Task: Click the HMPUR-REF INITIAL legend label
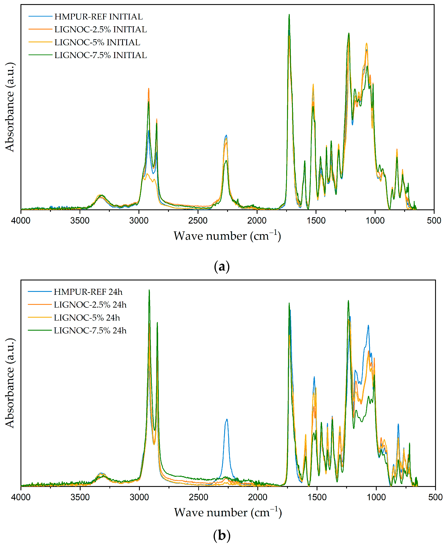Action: tap(98, 17)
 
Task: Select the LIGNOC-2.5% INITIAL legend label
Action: tap(100, 30)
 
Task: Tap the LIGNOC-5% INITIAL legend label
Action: tap(97, 42)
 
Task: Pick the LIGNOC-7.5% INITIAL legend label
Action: tap(100, 55)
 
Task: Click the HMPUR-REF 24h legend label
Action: tap(88, 292)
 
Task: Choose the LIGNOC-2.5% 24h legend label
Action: tap(90, 305)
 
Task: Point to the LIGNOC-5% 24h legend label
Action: tap(87, 318)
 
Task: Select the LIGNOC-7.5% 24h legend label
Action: tap(90, 330)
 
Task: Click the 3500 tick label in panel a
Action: tap(80, 220)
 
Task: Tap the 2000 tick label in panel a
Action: tap(257, 220)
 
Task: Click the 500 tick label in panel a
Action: tap(434, 220)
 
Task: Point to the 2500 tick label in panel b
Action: tap(198, 497)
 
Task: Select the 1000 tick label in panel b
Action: tap(376, 497)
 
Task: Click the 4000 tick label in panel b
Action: tap(21, 497)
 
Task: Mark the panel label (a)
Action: tap(222, 267)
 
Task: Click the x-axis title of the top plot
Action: tap(227, 236)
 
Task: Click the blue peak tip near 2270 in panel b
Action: tap(227, 419)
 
